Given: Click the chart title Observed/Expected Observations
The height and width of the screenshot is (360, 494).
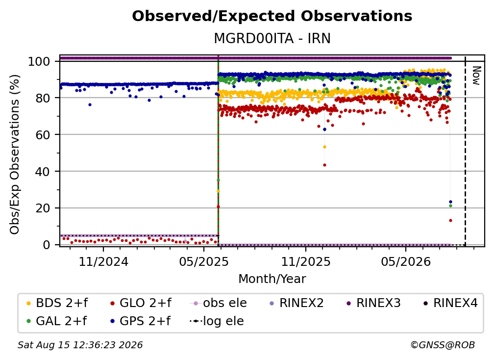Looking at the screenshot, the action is [x=272, y=16].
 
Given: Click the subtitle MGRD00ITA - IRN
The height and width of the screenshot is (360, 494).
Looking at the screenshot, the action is [x=272, y=39].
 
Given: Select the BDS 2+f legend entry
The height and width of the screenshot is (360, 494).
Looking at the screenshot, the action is [x=57, y=303].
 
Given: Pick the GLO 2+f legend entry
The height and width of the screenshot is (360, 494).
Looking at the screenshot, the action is [x=141, y=303].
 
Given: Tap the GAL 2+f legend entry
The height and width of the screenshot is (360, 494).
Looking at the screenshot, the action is [x=56, y=321].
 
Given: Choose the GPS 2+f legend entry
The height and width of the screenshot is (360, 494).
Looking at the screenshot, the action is [x=140, y=321].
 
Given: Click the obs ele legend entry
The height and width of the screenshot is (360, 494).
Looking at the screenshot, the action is [x=219, y=303].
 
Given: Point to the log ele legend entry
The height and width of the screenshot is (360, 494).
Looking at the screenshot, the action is [x=217, y=321].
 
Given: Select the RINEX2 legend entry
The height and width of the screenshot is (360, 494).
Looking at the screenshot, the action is [x=297, y=303].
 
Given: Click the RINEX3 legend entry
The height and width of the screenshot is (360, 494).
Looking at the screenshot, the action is [x=373, y=303].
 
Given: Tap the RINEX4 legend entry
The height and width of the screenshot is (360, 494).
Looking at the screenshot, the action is [x=450, y=303].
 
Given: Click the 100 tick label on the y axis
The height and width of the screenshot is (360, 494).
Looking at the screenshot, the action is [x=39, y=61].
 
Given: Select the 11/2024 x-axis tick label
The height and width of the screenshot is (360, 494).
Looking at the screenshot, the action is [x=103, y=261].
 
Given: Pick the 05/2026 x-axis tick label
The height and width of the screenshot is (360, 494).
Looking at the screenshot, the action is [x=406, y=261].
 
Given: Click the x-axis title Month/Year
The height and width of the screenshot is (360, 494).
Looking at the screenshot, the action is [x=272, y=279].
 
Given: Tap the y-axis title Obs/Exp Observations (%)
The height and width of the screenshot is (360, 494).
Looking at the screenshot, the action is [x=15, y=154].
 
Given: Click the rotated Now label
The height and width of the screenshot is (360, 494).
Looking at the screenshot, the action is [x=476, y=76].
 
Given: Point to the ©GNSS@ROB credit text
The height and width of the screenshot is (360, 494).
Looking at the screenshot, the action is [x=443, y=345].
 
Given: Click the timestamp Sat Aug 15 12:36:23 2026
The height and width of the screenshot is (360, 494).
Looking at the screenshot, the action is [x=80, y=345].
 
